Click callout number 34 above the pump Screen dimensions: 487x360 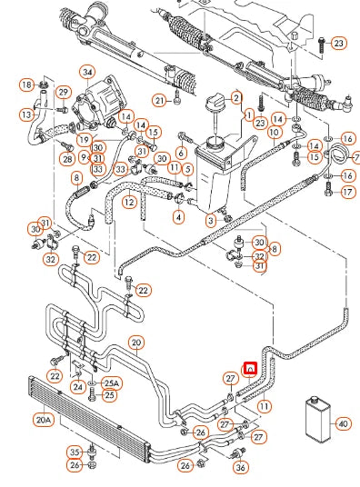coord(87,72)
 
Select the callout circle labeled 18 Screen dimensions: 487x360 coord(26,84)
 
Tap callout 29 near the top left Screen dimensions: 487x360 coord(63,92)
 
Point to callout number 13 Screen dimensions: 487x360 coord(27,115)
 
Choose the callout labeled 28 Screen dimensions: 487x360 coord(66,159)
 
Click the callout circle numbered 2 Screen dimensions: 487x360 coord(235,98)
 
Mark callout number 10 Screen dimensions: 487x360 coord(274,132)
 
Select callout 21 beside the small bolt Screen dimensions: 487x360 coord(159,100)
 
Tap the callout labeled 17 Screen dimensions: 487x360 coord(347,192)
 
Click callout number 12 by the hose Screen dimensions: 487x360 coord(129,202)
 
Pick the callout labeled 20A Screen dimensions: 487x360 coord(44,420)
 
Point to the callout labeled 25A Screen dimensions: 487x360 coord(111,383)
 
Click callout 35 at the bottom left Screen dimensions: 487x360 coord(75,452)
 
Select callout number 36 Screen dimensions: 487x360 coord(240,467)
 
